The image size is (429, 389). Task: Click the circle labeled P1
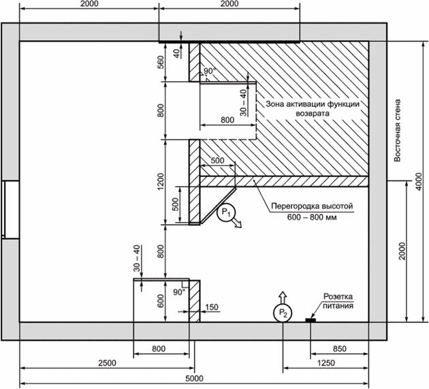pyautogui.click(x=226, y=213)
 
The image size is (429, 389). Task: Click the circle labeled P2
pyautogui.click(x=283, y=313)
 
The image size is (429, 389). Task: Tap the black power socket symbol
pyautogui.click(x=311, y=320)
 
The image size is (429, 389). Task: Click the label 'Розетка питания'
pyautogui.click(x=338, y=301)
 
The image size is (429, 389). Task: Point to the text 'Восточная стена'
pyautogui.click(x=397, y=130)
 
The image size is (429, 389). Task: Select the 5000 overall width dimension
pyautogui.click(x=194, y=378)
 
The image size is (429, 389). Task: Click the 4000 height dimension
pyautogui.click(x=419, y=181)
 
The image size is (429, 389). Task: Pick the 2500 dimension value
pyautogui.click(x=108, y=362)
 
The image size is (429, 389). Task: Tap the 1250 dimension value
pyautogui.click(x=326, y=362)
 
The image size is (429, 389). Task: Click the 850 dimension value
pyautogui.click(x=340, y=349)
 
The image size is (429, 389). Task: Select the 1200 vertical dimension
pyautogui.click(x=161, y=181)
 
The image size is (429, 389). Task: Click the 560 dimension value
pyautogui.click(x=161, y=62)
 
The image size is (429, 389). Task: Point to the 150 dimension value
pyautogui.click(x=212, y=307)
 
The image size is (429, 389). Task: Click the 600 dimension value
pyautogui.click(x=161, y=301)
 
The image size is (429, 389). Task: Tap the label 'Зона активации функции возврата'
pyautogui.click(x=313, y=108)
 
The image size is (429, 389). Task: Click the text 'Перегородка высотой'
pyautogui.click(x=312, y=206)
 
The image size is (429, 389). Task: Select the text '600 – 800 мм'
pyautogui.click(x=312, y=217)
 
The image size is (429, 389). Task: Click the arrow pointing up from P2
pyautogui.click(x=283, y=298)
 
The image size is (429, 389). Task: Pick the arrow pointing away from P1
pyautogui.click(x=237, y=223)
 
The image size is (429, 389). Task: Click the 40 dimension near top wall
pyautogui.click(x=177, y=53)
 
